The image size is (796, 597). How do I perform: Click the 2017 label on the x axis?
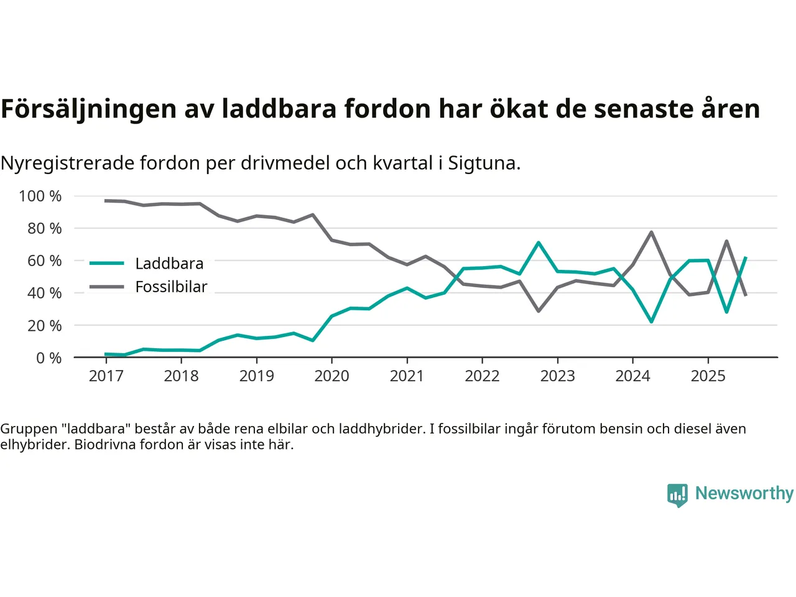[x=106, y=376]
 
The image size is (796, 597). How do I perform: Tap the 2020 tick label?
[x=331, y=376]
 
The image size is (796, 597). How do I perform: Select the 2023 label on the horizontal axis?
[x=557, y=376]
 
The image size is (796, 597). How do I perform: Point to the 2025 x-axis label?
[x=708, y=376]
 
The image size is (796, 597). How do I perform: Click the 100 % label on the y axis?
[x=40, y=197]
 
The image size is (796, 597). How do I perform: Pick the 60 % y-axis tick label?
[x=44, y=261]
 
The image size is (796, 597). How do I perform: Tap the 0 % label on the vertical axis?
[x=49, y=358]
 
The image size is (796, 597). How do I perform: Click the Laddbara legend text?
[x=169, y=264]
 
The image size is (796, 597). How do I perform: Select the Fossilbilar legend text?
[x=171, y=287]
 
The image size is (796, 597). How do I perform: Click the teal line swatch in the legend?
[x=107, y=264]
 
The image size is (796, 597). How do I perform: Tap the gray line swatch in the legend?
[x=107, y=287]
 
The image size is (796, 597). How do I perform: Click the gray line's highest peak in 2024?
[x=651, y=233]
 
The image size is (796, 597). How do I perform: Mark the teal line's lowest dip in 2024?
[x=651, y=322]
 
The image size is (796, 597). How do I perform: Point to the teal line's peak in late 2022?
[x=539, y=243]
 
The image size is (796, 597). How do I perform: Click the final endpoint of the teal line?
[x=746, y=257]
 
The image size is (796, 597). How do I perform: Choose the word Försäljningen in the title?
[x=88, y=109]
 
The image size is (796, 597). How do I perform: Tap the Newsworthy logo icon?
[x=677, y=495]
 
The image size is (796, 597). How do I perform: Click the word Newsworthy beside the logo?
[x=744, y=493]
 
